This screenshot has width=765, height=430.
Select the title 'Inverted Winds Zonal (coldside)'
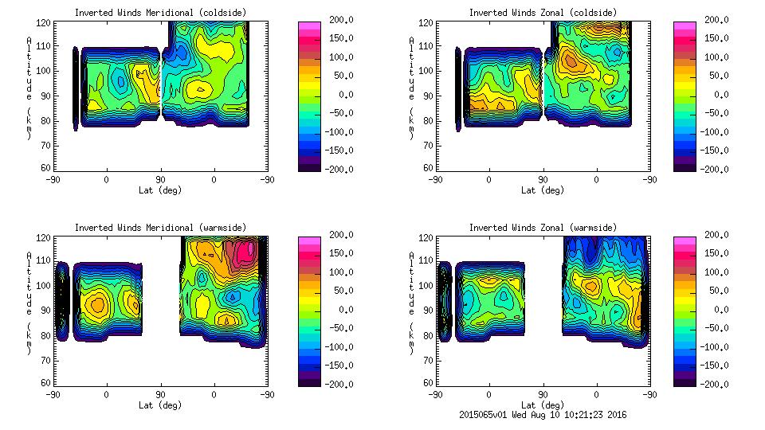[x=543, y=13]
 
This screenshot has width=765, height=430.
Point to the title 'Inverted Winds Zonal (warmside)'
[x=543, y=228]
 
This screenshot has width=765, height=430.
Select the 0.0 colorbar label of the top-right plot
[x=718, y=95]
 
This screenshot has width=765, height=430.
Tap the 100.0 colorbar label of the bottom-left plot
[x=337, y=272]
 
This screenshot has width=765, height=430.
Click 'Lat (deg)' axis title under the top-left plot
[x=160, y=190]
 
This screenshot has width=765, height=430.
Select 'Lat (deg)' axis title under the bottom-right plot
[x=543, y=405]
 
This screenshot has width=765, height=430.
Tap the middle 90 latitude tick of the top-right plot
[x=543, y=180]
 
